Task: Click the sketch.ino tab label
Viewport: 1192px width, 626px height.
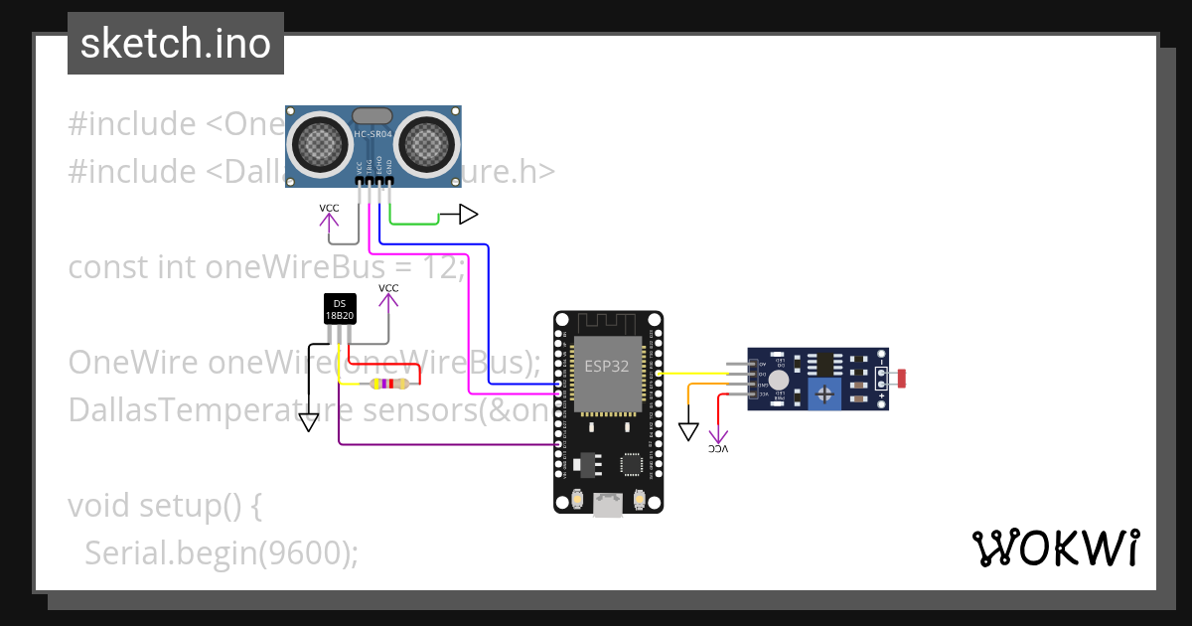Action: point(176,44)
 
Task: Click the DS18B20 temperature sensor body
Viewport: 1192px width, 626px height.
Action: point(340,310)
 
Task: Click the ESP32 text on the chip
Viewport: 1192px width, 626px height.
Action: point(606,366)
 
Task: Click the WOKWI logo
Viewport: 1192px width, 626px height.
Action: point(1055,548)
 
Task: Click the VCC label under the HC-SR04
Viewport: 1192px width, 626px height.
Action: point(329,208)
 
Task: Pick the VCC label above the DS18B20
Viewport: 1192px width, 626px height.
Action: point(388,288)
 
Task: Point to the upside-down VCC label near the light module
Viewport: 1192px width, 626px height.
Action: point(718,449)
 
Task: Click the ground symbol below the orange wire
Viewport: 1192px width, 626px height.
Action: point(689,431)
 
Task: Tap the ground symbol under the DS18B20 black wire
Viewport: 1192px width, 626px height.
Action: point(309,422)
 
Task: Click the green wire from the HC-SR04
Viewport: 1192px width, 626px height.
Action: point(412,224)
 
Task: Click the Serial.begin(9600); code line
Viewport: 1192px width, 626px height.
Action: point(221,552)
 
